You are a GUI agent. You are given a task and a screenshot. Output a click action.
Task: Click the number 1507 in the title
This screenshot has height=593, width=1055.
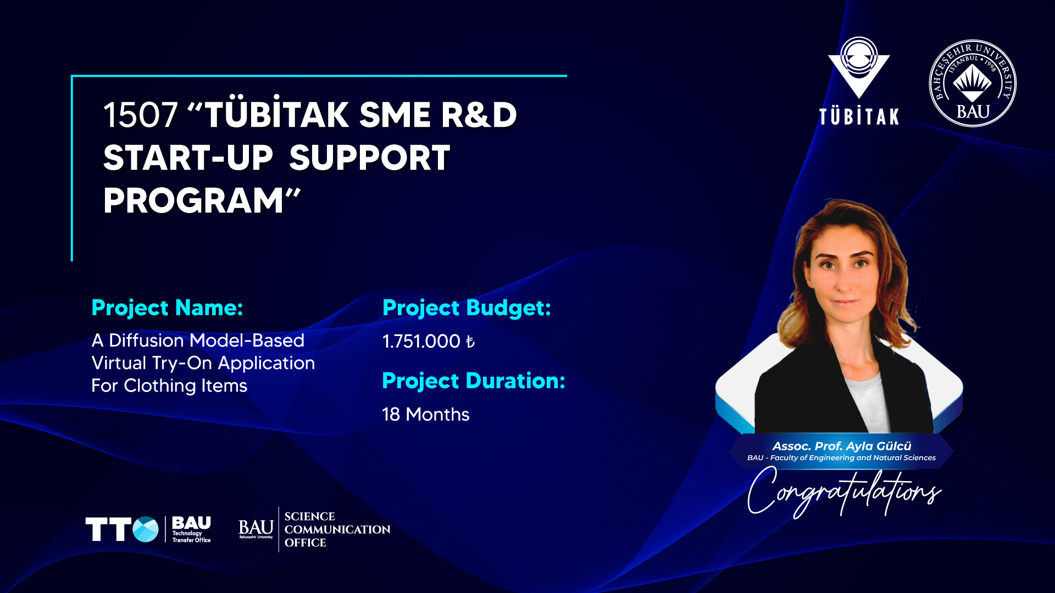point(140,115)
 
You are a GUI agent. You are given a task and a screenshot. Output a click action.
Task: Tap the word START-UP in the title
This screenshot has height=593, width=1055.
point(188,158)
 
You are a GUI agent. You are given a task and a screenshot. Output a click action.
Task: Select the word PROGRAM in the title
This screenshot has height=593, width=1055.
point(193,200)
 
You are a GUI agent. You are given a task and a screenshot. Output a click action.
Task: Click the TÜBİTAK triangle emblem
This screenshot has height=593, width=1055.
point(859,68)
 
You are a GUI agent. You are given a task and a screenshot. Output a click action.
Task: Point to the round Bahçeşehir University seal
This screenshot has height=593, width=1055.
point(973,83)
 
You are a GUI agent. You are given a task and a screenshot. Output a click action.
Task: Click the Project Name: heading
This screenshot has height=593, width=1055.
point(167,308)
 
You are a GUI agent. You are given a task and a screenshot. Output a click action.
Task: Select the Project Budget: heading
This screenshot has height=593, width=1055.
point(467,308)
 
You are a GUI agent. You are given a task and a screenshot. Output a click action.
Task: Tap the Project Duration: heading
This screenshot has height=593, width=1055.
point(474,381)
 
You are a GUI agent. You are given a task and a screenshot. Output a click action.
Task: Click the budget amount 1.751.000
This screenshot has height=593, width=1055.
point(421,342)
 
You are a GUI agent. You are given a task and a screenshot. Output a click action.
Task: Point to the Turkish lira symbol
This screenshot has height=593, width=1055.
point(470,342)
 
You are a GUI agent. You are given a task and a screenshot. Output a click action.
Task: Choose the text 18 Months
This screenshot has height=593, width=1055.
point(426,415)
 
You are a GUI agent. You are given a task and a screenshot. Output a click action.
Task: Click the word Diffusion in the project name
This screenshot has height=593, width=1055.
point(147,340)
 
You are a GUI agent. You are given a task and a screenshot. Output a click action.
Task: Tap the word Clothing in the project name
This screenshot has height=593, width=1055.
point(160,386)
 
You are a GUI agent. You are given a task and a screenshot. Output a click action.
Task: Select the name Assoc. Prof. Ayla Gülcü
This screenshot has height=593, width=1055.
point(842,446)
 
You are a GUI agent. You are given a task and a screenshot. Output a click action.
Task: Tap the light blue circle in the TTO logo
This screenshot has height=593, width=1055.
point(146,529)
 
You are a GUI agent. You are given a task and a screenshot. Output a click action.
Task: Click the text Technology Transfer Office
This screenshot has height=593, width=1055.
point(191,536)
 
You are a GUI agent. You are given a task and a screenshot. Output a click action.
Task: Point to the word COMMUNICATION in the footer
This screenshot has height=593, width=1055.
point(337,530)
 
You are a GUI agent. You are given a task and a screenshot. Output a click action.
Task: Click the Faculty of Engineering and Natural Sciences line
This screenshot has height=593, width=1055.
point(841,458)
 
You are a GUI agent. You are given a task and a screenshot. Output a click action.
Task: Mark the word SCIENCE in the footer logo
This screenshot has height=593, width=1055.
point(309,517)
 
